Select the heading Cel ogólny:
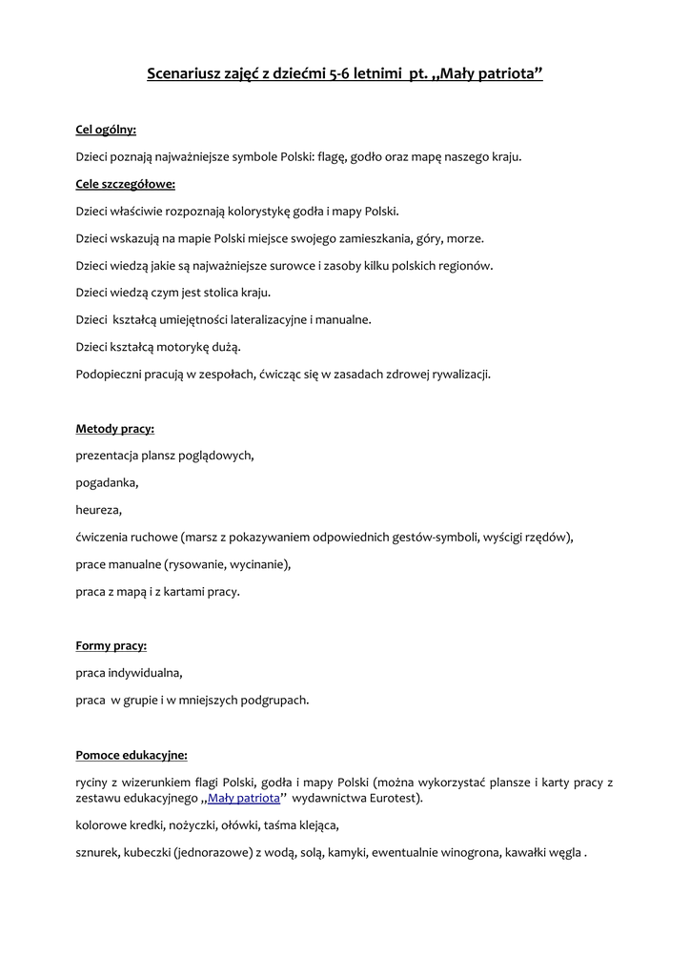coord(106,130)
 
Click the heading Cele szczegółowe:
coord(126,184)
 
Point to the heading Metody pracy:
coord(114,429)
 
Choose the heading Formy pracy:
coord(111,645)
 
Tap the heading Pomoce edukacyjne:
coord(132,755)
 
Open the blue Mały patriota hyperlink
coord(244,798)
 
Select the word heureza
coord(98,510)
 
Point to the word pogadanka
coord(107,482)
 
